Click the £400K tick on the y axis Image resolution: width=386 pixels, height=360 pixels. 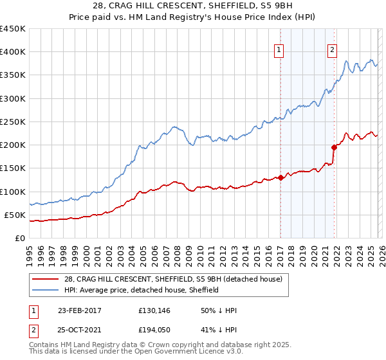pyautogui.click(x=13, y=52)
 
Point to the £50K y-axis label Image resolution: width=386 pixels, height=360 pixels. pyautogui.click(x=15, y=215)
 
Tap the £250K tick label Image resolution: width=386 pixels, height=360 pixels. pyautogui.click(x=13, y=122)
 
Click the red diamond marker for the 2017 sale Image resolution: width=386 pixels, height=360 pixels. pyautogui.click(x=280, y=177)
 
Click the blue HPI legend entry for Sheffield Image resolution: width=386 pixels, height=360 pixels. pyautogui.click(x=142, y=290)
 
